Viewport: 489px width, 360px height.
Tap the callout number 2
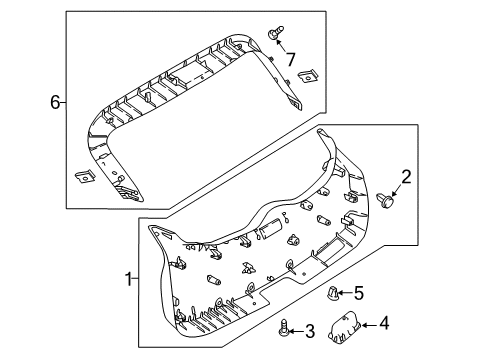click(x=406, y=178)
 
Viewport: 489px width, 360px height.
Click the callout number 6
click(x=57, y=101)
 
